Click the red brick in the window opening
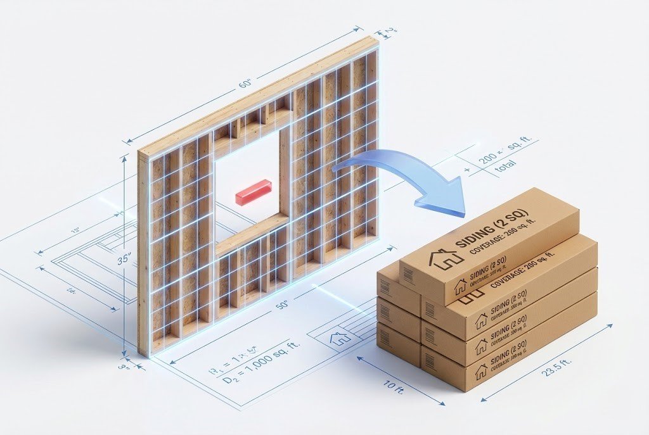(x=254, y=192)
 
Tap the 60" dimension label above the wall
(x=245, y=84)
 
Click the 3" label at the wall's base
(x=125, y=365)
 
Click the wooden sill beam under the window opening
(x=252, y=236)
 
